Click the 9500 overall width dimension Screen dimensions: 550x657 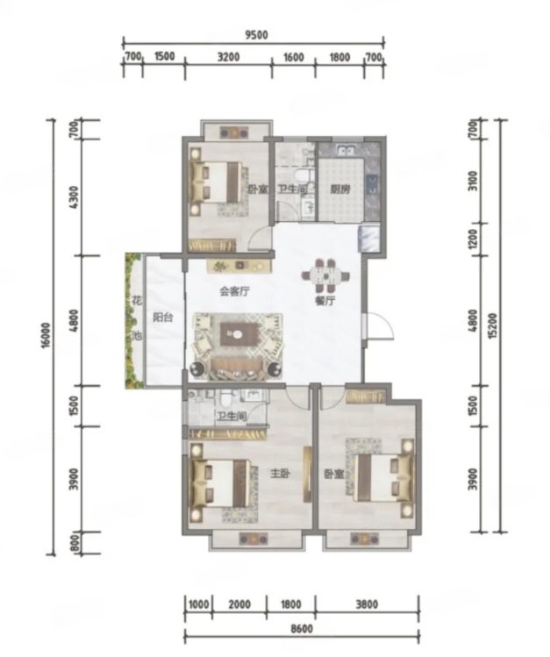pyautogui.click(x=256, y=35)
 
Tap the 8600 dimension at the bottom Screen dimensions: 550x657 pyautogui.click(x=302, y=629)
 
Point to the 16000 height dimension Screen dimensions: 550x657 pyautogui.click(x=46, y=335)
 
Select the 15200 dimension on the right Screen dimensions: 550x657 pyautogui.click(x=493, y=325)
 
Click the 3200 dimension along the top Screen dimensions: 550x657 pyautogui.click(x=228, y=56)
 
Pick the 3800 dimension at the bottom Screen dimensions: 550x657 pyautogui.click(x=367, y=604)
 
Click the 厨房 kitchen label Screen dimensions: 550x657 pyautogui.click(x=340, y=189)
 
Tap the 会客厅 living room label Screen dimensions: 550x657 pyautogui.click(x=234, y=291)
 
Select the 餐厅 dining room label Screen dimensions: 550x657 pyautogui.click(x=325, y=300)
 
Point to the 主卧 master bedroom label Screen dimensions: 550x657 pyautogui.click(x=280, y=474)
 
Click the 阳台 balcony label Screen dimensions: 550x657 pyautogui.click(x=163, y=318)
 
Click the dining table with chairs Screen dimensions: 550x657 pyautogui.click(x=325, y=275)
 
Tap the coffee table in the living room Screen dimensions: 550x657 pyautogui.click(x=238, y=333)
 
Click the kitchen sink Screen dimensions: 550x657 pyautogui.click(x=346, y=150)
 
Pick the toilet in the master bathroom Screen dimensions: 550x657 pyautogui.click(x=226, y=399)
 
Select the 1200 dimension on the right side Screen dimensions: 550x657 pyautogui.click(x=474, y=239)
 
